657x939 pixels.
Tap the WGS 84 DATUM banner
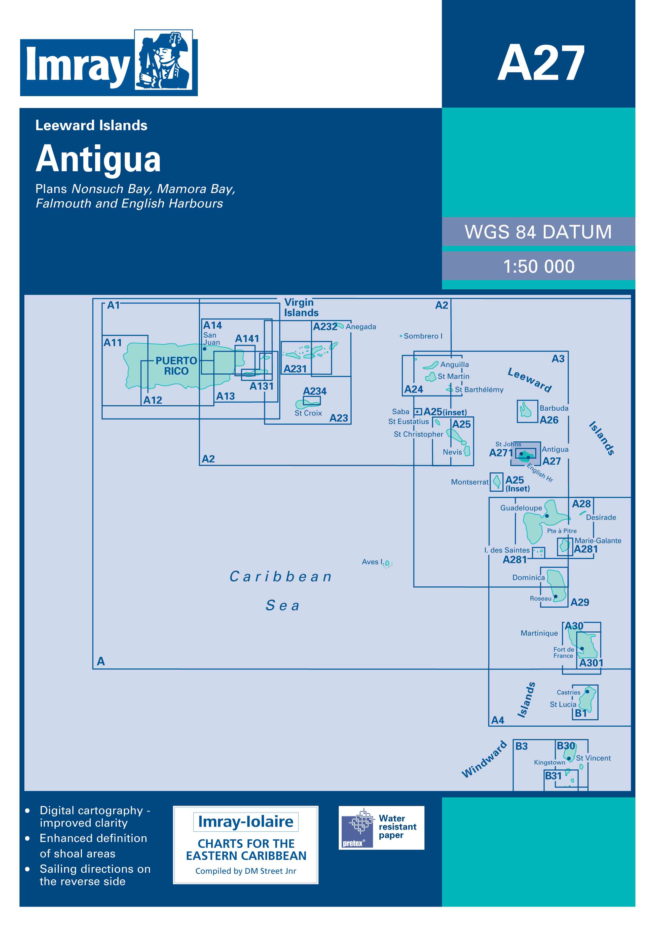tap(538, 232)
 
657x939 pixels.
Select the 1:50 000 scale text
tap(539, 266)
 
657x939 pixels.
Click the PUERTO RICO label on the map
tap(176, 366)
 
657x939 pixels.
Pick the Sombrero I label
tap(423, 336)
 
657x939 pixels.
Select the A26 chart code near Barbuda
tap(549, 420)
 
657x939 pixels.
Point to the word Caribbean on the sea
tap(281, 576)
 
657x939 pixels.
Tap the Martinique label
tap(539, 633)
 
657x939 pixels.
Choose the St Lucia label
tap(563, 704)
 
